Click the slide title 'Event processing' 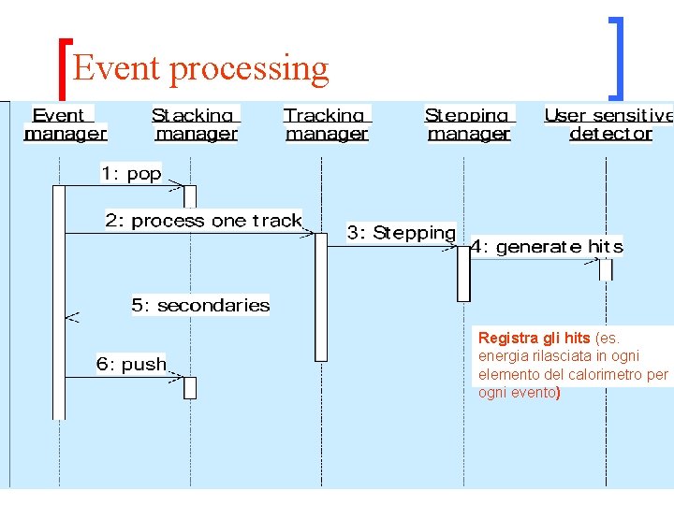coord(200,67)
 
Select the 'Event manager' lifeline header coord(65,124)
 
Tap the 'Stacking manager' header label coord(196,124)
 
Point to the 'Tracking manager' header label coord(327,124)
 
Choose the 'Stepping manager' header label coord(468,124)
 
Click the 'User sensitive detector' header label coord(609,124)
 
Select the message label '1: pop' coord(131,173)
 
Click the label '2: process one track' coord(203,221)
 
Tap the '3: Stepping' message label coord(401,233)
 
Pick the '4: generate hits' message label coord(546,247)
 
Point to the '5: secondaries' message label coord(200,305)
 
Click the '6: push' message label coord(131,364)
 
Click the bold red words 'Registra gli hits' coord(534,338)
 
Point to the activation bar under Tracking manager coord(321,296)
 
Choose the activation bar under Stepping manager coord(463,273)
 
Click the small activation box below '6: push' coord(190,387)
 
